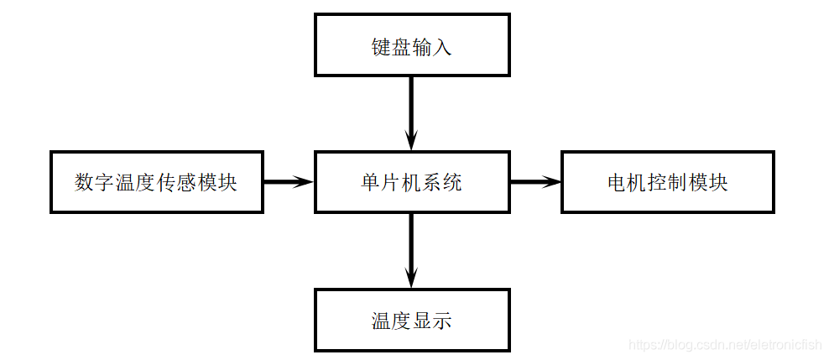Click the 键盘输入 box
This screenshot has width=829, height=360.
411,45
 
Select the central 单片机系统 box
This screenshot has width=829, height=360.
411,182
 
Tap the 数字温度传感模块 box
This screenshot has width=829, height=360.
156,182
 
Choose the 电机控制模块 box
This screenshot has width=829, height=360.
666,182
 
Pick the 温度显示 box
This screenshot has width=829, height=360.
411,320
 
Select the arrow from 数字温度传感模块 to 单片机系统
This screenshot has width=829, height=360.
288,182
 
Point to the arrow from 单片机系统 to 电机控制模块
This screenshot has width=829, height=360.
535,182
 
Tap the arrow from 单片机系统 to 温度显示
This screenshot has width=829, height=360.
411,250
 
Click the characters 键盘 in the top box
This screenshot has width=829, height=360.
391,46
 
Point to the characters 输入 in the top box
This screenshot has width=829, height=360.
432,46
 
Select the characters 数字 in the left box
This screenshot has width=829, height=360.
95,183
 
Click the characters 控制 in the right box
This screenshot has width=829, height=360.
667,183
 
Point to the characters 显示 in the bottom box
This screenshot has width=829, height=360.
432,321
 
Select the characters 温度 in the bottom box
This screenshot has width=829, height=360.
391,321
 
